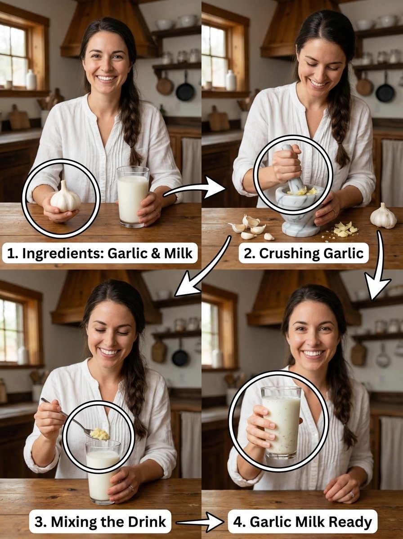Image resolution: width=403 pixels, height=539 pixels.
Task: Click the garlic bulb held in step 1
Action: click(x=65, y=198)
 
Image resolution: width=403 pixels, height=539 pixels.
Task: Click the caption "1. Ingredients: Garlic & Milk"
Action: click(x=100, y=254)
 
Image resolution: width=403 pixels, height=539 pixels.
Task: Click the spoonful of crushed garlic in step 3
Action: click(x=99, y=434)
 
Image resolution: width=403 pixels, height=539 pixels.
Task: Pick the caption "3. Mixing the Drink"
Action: click(x=100, y=522)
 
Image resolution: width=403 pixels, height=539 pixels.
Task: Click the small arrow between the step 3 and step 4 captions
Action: click(x=198, y=522)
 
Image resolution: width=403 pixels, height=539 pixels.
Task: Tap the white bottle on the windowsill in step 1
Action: click(x=31, y=80)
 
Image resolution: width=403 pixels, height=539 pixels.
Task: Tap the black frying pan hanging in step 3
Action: click(x=180, y=357)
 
